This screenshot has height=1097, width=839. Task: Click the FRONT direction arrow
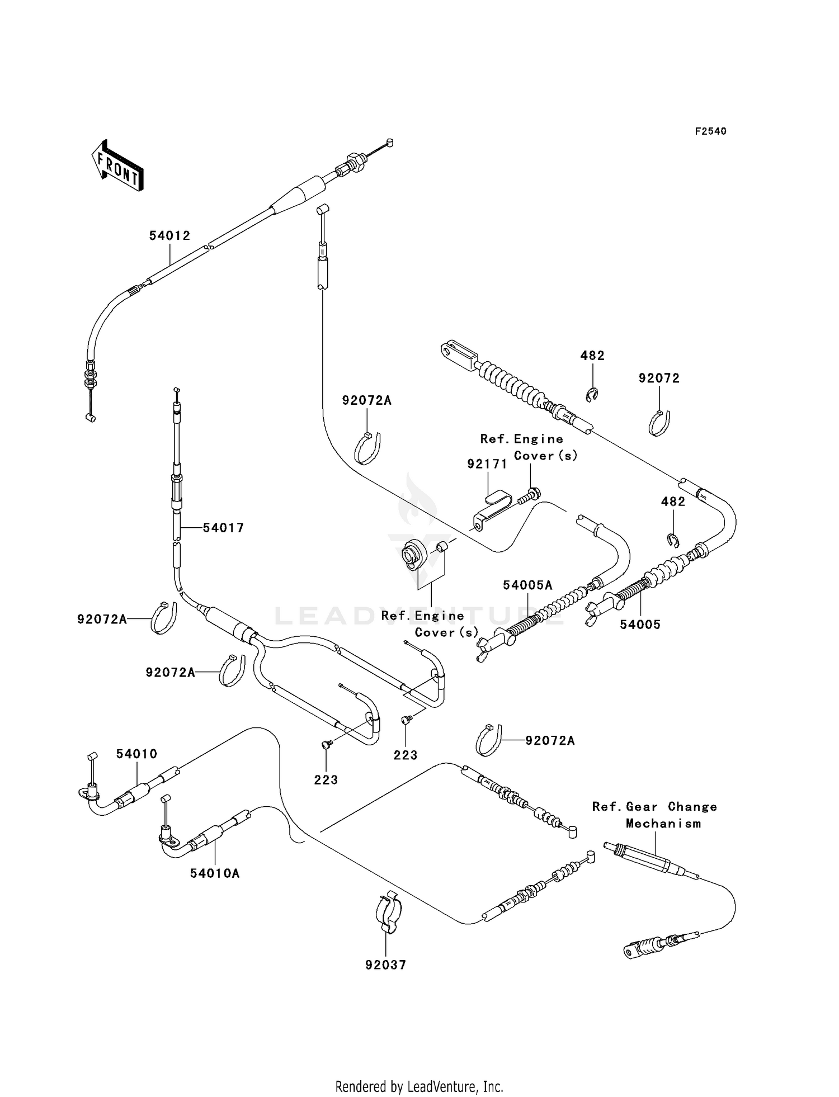(117, 167)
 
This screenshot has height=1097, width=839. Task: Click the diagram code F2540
(710, 131)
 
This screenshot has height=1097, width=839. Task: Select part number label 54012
(169, 236)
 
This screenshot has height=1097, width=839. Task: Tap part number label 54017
(223, 528)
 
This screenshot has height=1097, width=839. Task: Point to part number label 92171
(487, 464)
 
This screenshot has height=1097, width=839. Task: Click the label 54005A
(527, 585)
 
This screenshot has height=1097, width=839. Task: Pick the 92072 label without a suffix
(659, 379)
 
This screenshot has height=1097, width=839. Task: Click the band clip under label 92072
(660, 423)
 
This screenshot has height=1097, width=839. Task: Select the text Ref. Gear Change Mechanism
(655, 815)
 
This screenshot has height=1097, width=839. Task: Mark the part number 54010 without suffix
(137, 754)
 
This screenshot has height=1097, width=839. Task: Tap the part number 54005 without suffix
(640, 625)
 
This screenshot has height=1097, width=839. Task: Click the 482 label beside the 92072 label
(592, 356)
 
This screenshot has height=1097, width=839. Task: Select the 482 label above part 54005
(673, 502)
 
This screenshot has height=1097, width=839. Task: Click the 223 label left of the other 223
(326, 780)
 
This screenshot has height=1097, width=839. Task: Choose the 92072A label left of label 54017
(102, 620)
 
